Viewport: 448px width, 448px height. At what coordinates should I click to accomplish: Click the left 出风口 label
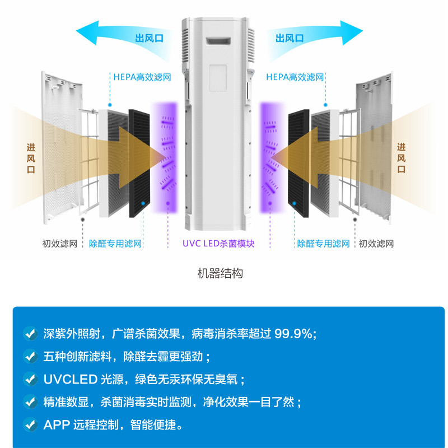click(149, 38)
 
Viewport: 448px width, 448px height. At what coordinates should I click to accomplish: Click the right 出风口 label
click(290, 38)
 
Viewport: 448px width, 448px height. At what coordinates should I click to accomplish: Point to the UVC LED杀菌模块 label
click(218, 244)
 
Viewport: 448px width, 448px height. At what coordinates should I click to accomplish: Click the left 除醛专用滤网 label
click(115, 244)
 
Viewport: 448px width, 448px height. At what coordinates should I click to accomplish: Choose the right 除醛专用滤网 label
click(323, 244)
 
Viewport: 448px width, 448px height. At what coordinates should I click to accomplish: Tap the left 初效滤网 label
click(60, 244)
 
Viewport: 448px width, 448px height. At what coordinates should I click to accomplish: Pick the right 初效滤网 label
click(376, 244)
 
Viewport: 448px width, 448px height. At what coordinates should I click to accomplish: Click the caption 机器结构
click(220, 274)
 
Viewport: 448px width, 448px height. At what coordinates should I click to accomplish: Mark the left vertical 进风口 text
click(31, 158)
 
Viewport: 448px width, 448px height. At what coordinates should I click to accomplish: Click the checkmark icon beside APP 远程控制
click(30, 424)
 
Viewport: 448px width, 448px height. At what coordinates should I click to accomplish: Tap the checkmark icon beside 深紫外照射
click(30, 334)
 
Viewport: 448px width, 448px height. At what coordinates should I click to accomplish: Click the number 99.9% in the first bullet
click(293, 334)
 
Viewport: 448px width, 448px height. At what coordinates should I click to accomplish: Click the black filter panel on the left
click(139, 162)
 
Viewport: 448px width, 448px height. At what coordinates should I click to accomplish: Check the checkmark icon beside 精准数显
click(30, 402)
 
